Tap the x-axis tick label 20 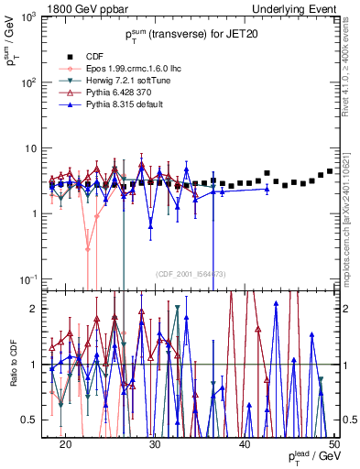click(x=65, y=443)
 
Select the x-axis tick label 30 click(x=155, y=443)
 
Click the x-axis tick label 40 click(x=245, y=443)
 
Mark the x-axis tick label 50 click(x=333, y=443)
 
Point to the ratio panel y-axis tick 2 click(x=41, y=309)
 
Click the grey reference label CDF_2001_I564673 click(x=191, y=274)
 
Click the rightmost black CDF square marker click(x=330, y=171)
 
